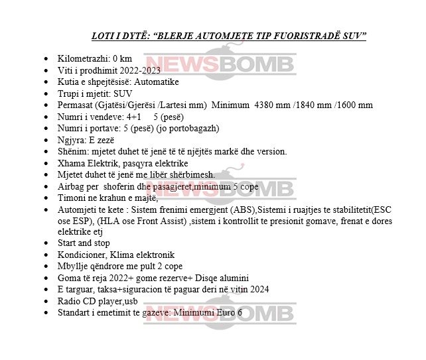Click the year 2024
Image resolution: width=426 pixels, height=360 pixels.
click(x=259, y=289)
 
